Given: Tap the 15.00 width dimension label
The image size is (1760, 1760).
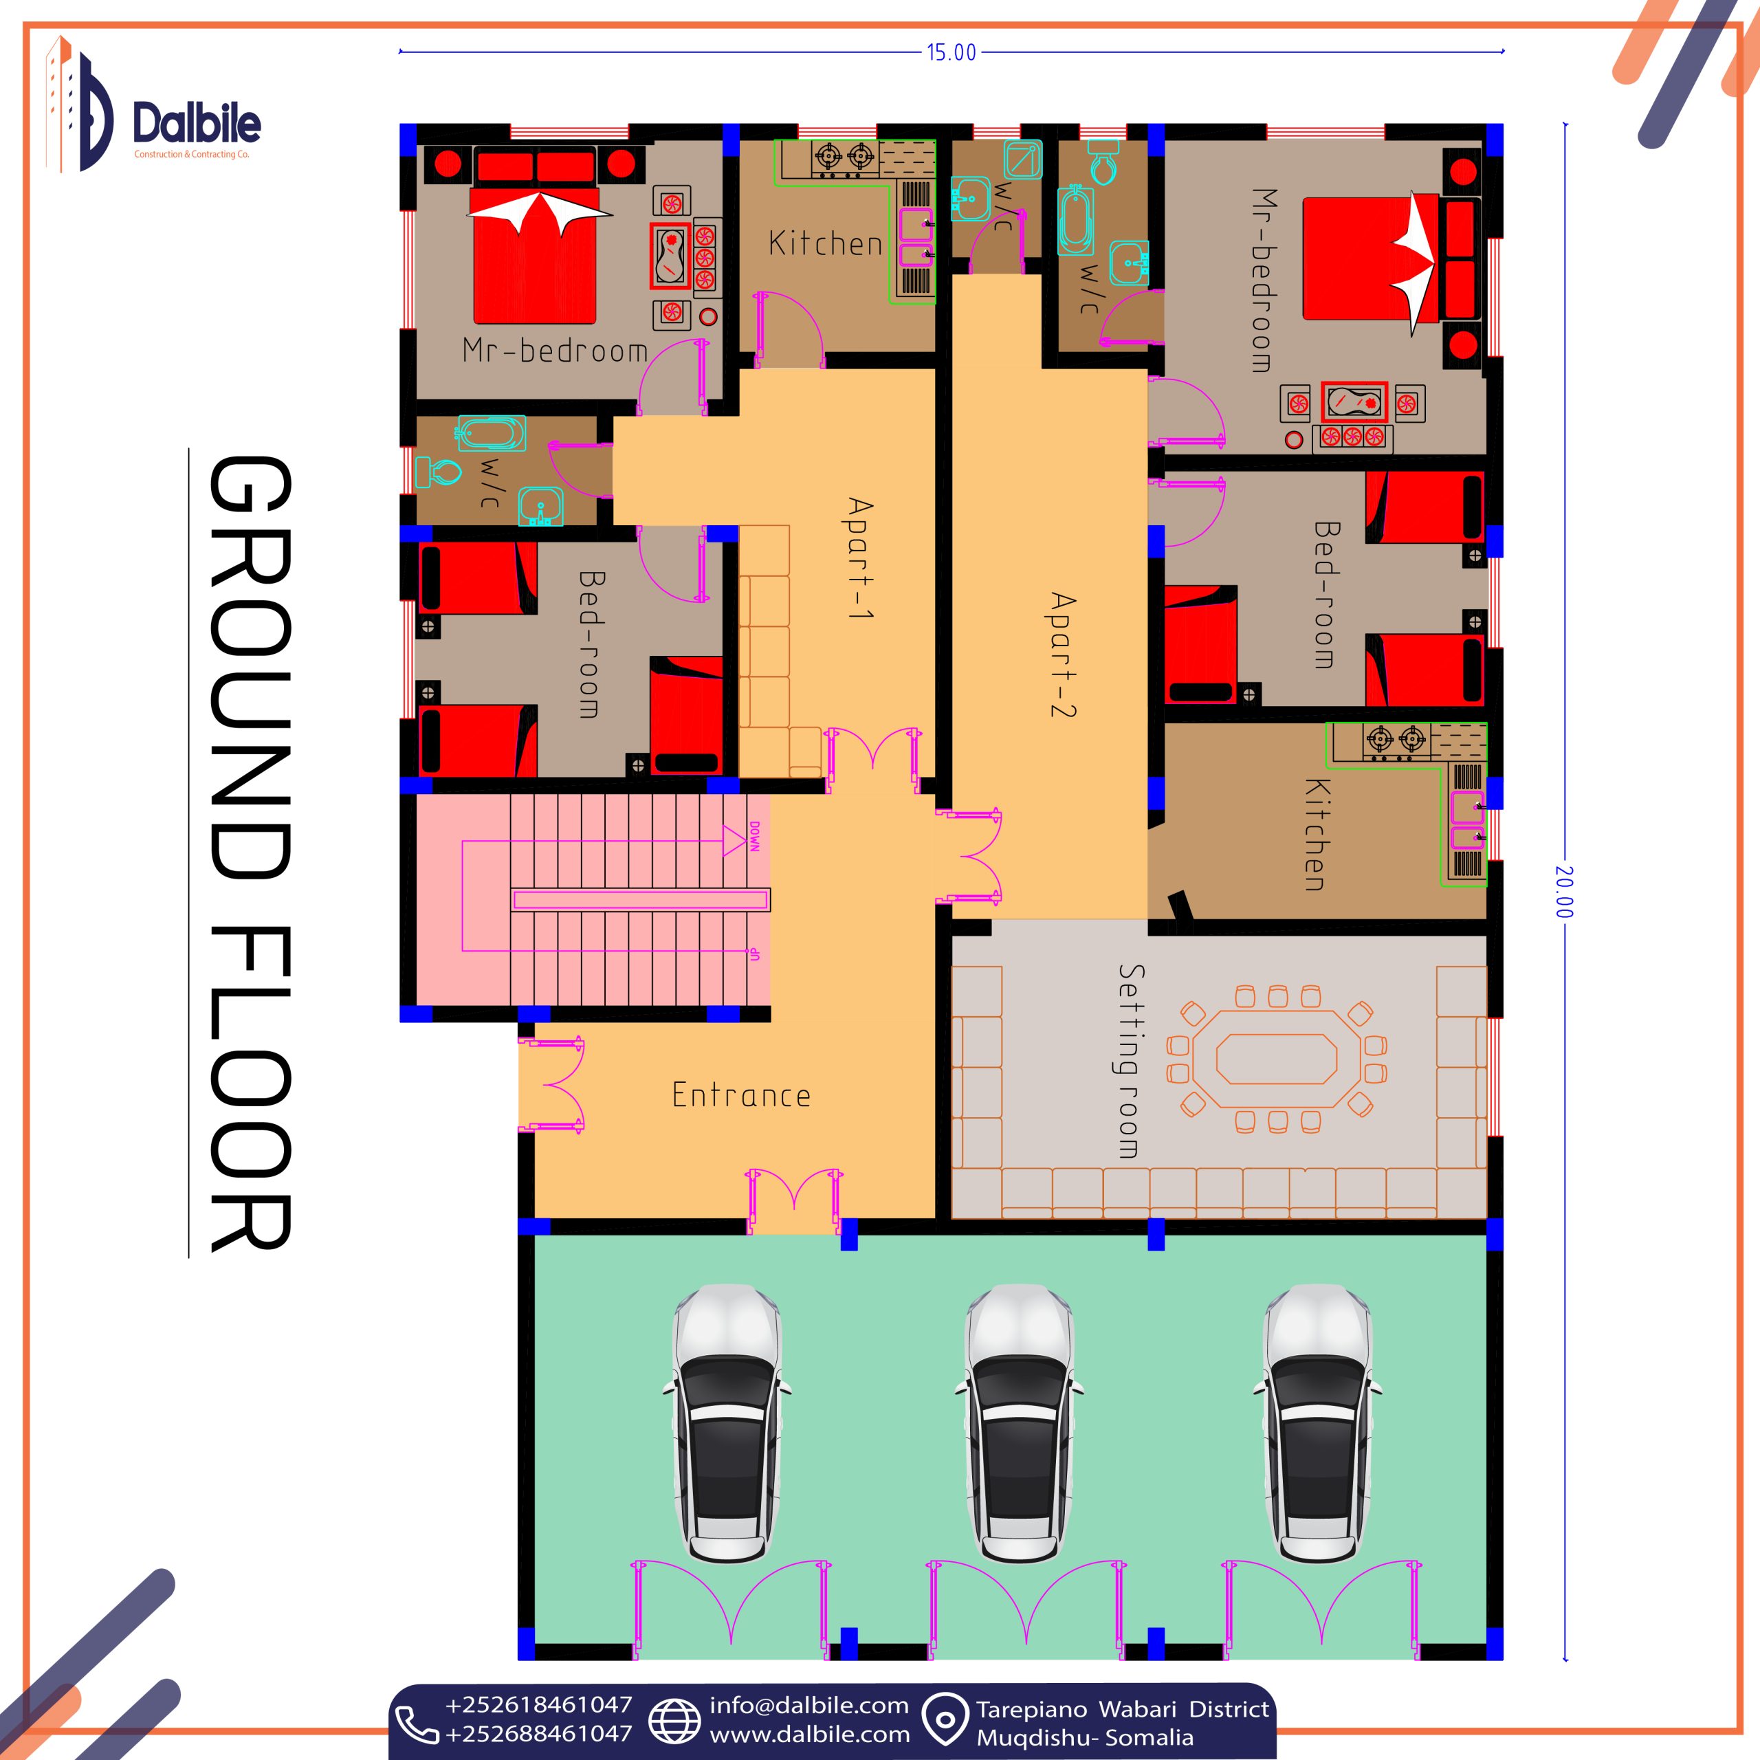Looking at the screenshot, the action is pyautogui.click(x=951, y=53).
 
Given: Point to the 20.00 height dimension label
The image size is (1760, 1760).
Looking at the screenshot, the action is pyautogui.click(x=1564, y=892).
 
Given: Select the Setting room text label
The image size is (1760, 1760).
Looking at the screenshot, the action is pyautogui.click(x=1130, y=1061).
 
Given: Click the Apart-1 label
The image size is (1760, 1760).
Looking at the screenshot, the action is pyautogui.click(x=860, y=558).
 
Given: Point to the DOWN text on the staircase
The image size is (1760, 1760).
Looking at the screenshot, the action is pyautogui.click(x=754, y=836).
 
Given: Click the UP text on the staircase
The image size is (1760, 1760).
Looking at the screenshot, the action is pyautogui.click(x=754, y=954).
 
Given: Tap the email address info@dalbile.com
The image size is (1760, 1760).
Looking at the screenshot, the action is pyautogui.click(x=809, y=1705).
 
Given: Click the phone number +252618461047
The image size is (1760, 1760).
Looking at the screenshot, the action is pyautogui.click(x=538, y=1704).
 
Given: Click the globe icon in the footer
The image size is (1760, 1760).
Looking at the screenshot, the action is pyautogui.click(x=674, y=1721).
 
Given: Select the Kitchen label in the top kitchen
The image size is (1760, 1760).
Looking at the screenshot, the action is pyautogui.click(x=825, y=243).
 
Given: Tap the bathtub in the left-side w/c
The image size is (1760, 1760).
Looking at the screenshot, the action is pyautogui.click(x=492, y=434).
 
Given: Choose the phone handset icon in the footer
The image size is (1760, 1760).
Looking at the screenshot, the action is pyautogui.click(x=418, y=1724).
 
